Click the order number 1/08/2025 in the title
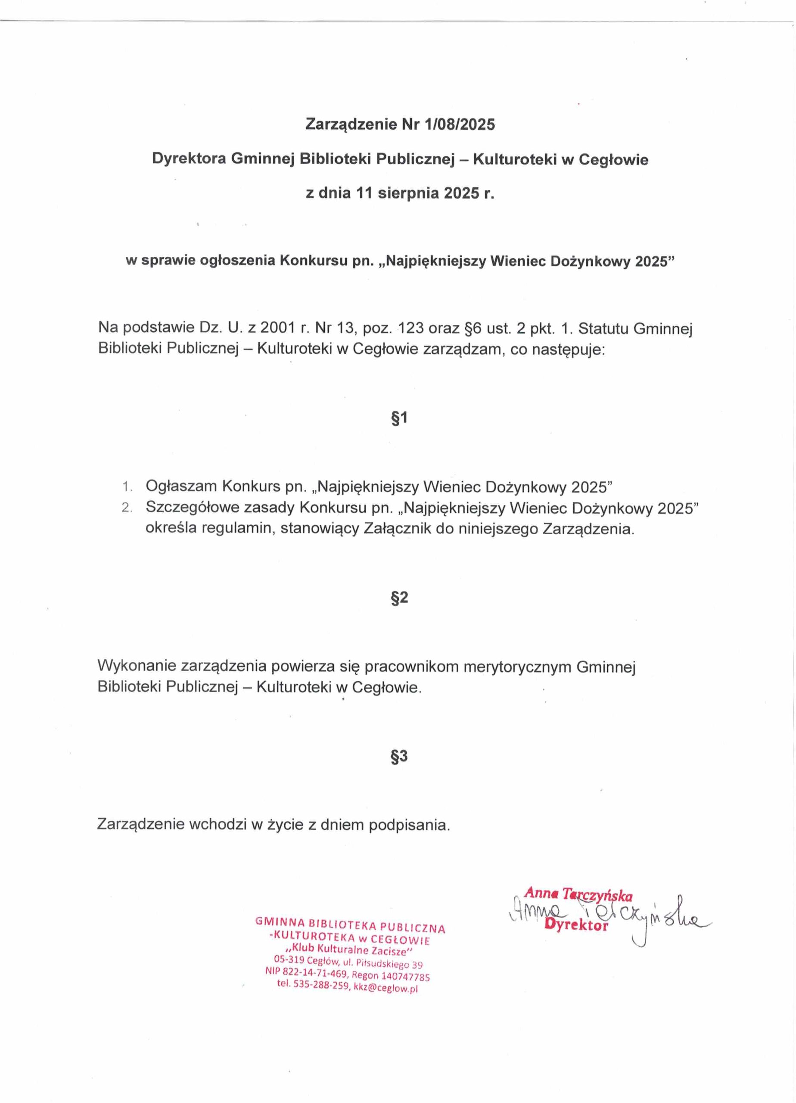tap(460, 125)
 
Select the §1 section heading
tap(399, 418)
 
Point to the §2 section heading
tap(399, 598)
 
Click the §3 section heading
tap(399, 756)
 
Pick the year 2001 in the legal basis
tap(278, 328)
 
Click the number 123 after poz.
tap(411, 328)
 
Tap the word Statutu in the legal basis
tap(603, 328)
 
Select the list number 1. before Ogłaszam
tap(127, 486)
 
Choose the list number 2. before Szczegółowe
tap(127, 507)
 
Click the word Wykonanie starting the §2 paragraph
tap(137, 666)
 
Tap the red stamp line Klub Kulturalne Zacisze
tap(349, 949)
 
